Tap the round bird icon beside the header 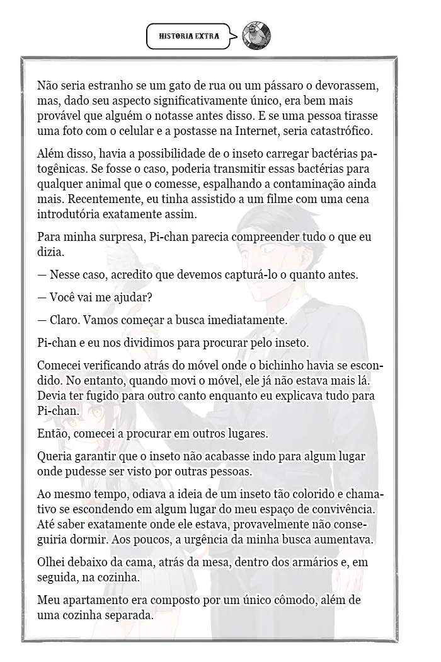pos(256,36)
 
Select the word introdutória pos(67,214)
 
